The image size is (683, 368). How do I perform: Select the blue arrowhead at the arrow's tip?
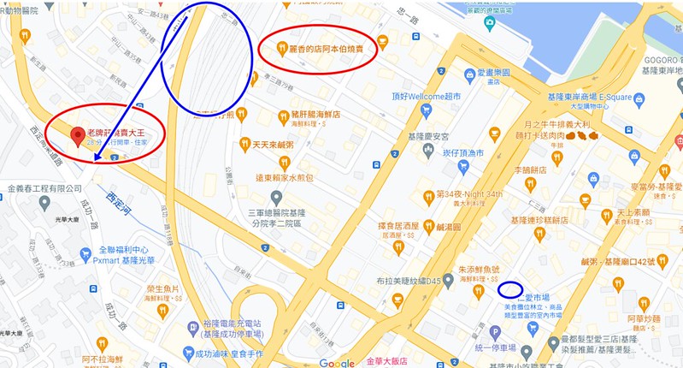coord(95,160)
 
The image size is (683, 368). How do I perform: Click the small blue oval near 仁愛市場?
coord(511,289)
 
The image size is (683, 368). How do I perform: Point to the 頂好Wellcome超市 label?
coord(425,96)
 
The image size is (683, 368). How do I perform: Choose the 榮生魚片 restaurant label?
coord(162,289)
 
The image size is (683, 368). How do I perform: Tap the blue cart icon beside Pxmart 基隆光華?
coord(85,254)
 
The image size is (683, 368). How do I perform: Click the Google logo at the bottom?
coord(337,361)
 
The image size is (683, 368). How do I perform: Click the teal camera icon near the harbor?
coord(488,21)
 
